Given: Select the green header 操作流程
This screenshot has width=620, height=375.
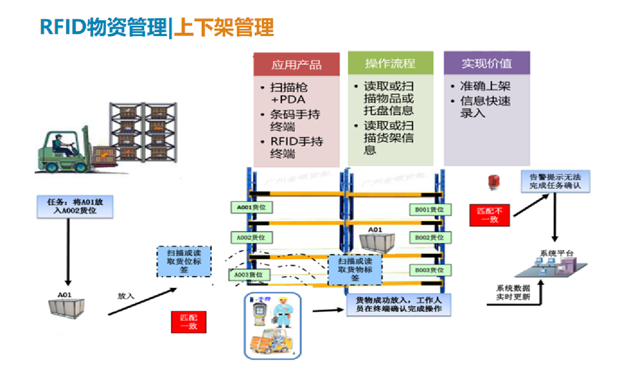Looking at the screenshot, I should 390,63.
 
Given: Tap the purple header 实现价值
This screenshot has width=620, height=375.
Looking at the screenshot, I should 486,63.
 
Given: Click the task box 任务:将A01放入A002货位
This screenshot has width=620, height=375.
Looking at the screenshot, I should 75,207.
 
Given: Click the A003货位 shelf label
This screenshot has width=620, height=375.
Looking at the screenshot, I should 249,275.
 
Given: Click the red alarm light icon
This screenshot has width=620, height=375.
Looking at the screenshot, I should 493,182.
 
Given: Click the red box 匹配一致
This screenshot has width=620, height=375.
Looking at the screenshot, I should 188,322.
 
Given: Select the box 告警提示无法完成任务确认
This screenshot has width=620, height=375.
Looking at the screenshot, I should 555,181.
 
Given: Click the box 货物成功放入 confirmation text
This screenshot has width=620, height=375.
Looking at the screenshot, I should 398,305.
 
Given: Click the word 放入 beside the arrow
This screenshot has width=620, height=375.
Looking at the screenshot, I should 126,296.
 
